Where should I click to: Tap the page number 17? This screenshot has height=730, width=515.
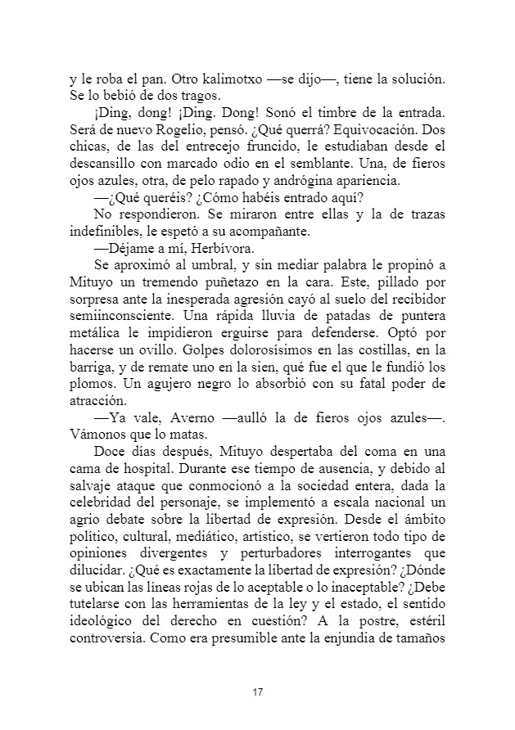tap(258, 693)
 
